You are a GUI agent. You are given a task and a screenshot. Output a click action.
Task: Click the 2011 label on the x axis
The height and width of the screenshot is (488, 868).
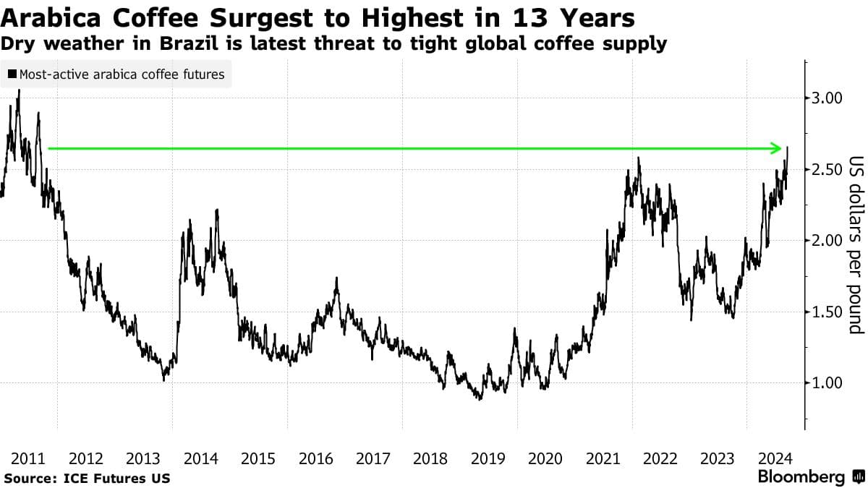coord(28,458)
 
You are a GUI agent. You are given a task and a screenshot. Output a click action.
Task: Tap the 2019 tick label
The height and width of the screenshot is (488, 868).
coord(488,458)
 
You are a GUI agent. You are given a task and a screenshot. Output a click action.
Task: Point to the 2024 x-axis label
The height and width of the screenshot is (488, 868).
coord(775,458)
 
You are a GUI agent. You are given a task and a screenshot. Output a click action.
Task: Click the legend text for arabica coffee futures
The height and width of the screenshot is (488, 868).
coord(122,74)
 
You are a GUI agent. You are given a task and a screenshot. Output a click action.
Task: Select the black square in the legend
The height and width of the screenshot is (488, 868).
coord(12,74)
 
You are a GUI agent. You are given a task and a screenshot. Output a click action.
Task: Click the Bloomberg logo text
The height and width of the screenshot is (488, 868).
coord(801,477)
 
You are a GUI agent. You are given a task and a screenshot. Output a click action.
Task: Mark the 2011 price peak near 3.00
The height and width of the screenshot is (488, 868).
coord(18,91)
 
